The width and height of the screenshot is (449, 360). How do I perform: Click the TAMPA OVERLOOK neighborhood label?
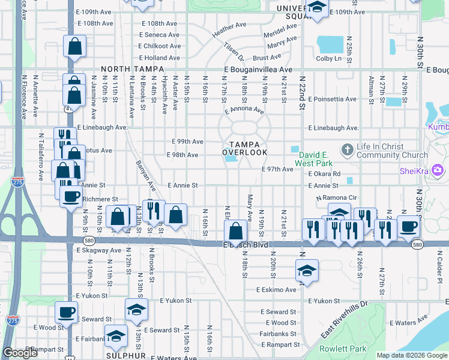245,148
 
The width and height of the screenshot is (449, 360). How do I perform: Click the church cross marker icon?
346,149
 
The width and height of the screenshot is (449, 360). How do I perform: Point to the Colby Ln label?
328,58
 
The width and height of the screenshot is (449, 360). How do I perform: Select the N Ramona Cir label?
336,197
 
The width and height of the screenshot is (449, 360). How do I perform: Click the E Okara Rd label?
325,174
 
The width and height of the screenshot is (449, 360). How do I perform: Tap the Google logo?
20,353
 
